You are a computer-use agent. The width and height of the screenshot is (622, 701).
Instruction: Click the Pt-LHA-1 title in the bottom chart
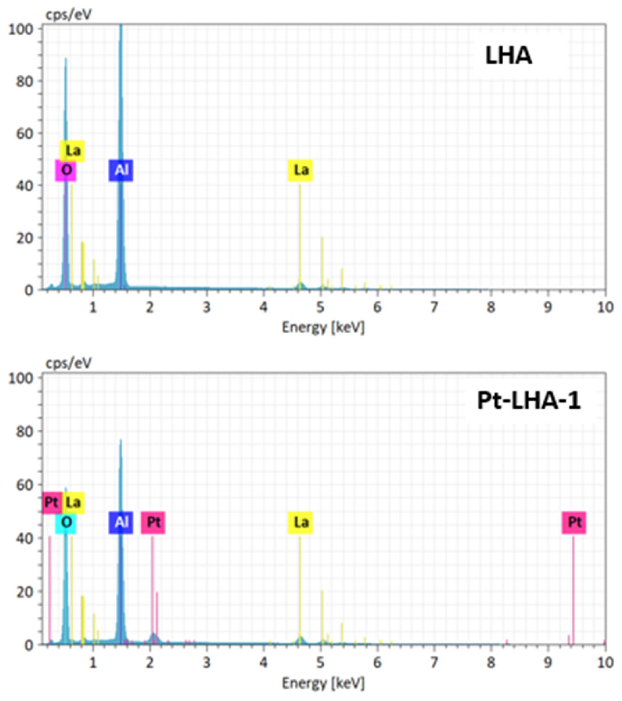[x=529, y=401]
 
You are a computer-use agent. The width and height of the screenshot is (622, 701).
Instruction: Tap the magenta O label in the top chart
[x=66, y=170]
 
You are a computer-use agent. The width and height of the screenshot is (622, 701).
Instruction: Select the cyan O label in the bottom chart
[x=66, y=522]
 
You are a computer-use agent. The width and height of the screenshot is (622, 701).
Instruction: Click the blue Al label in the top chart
[x=121, y=170]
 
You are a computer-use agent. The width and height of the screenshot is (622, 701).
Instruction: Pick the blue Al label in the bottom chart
[x=121, y=522]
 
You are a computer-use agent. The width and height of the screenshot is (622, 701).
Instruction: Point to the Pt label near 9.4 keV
[x=574, y=522]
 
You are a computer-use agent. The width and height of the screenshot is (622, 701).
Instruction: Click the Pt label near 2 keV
[x=153, y=522]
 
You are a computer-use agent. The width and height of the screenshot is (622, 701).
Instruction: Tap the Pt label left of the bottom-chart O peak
[x=52, y=503]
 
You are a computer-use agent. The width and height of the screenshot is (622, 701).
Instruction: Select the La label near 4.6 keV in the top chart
[x=301, y=170]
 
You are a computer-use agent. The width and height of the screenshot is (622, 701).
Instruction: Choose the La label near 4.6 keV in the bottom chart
[x=301, y=522]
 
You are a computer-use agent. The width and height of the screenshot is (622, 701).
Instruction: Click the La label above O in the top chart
[x=72, y=151]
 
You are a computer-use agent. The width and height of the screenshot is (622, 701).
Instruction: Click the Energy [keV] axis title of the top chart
[x=323, y=327]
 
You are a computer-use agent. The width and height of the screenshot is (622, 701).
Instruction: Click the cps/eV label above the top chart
[x=68, y=15]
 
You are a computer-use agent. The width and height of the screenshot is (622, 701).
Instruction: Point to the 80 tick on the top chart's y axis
[x=25, y=81]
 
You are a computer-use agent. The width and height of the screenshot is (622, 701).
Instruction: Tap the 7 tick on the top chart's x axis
[x=434, y=308]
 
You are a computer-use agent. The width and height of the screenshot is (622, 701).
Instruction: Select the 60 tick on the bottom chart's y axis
[x=25, y=485]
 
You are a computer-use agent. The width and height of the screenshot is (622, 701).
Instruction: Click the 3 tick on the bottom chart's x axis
[x=206, y=663]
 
